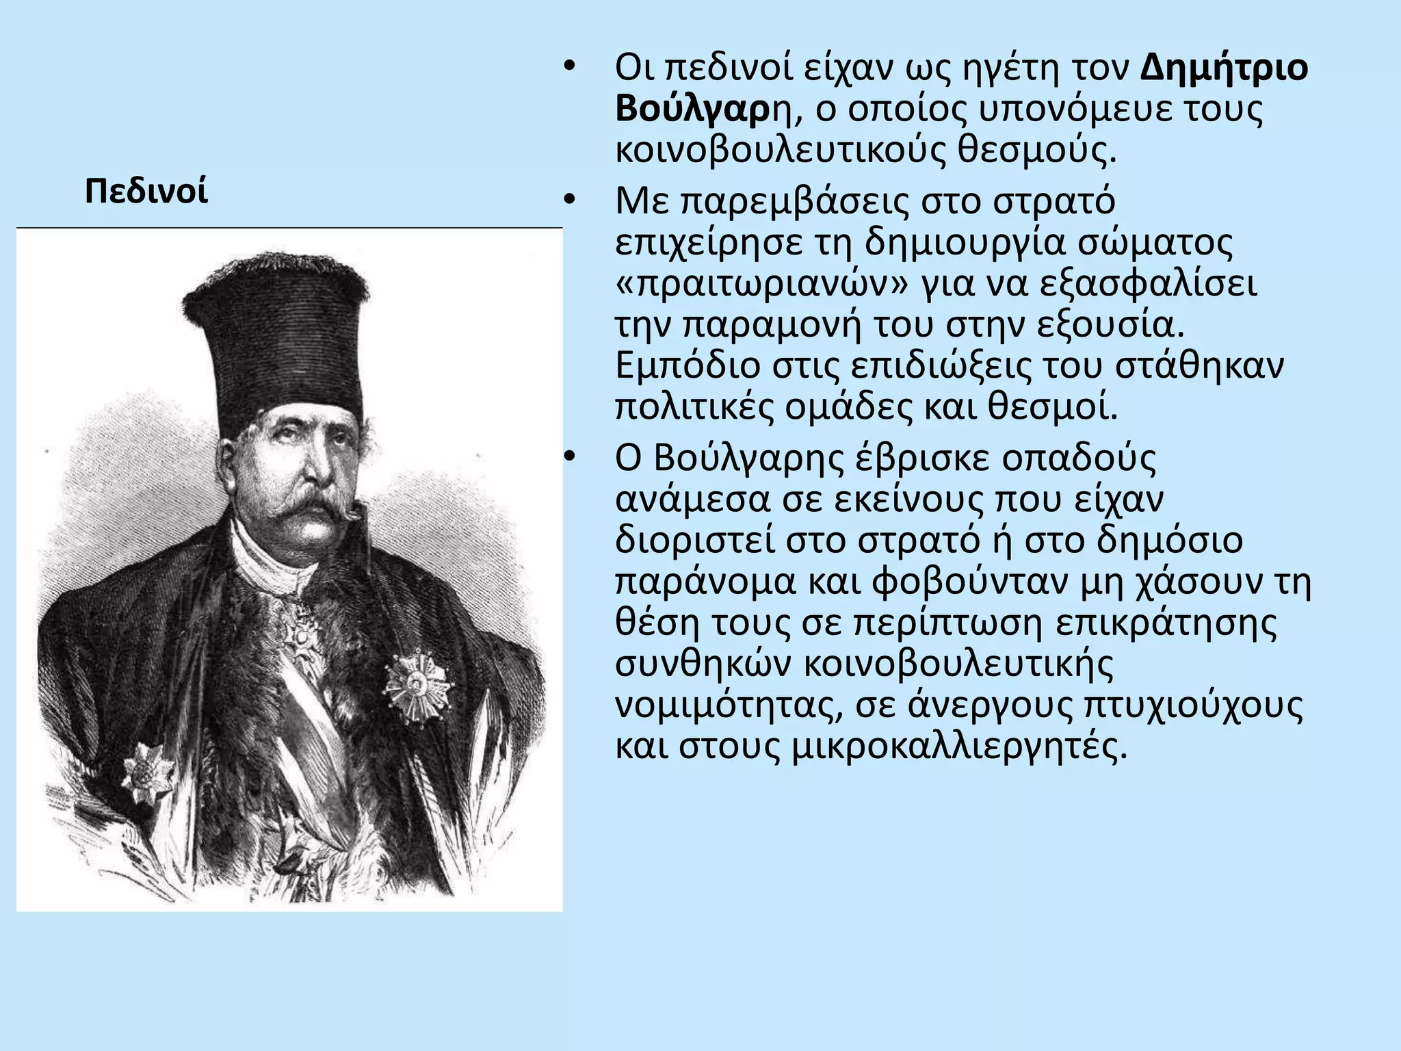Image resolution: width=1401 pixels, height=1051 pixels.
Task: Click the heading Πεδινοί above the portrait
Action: (146, 192)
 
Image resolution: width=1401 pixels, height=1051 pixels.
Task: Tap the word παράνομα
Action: (705, 582)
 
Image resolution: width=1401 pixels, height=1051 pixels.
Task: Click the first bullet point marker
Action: (568, 68)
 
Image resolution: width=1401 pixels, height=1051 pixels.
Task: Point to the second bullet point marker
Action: (568, 202)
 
